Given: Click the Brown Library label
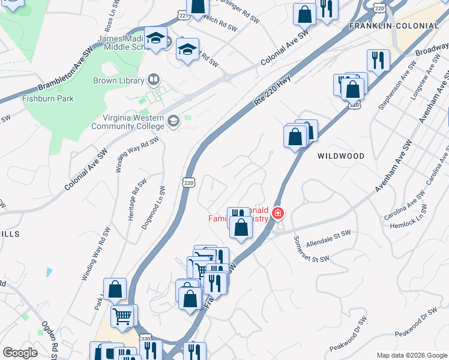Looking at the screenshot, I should (118, 80).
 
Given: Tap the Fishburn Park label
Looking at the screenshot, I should (48, 98).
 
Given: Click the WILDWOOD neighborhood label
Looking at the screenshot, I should (340, 156).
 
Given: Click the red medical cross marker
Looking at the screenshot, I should (277, 213).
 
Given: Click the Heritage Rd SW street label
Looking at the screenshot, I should (136, 200).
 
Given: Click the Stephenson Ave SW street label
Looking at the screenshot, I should (397, 86).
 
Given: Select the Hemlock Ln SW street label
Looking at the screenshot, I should (414, 218).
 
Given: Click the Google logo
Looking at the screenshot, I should (20, 353).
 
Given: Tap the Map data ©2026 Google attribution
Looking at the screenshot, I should (411, 355).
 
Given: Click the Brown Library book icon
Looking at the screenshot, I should (154, 80).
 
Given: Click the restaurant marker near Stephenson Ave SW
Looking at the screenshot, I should (378, 59).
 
